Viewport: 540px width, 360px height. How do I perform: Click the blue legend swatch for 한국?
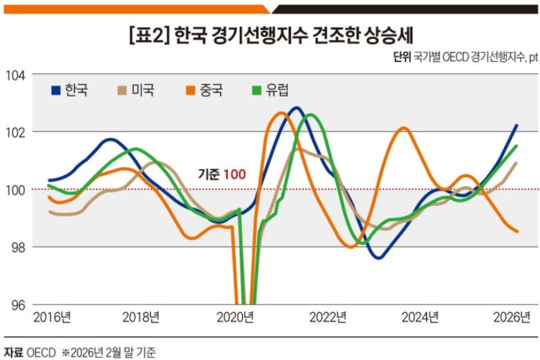pyautogui.click(x=56, y=90)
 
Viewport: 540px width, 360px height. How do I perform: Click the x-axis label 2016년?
pyautogui.click(x=52, y=317)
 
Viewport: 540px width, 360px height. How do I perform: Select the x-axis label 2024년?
pyautogui.click(x=421, y=317)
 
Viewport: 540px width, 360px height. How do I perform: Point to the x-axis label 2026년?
pyautogui.click(x=513, y=317)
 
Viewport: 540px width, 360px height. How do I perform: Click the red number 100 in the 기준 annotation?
pyautogui.click(x=234, y=174)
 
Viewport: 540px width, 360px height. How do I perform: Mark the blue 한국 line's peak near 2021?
pyautogui.click(x=296, y=108)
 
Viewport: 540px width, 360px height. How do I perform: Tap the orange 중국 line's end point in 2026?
pyautogui.click(x=517, y=232)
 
